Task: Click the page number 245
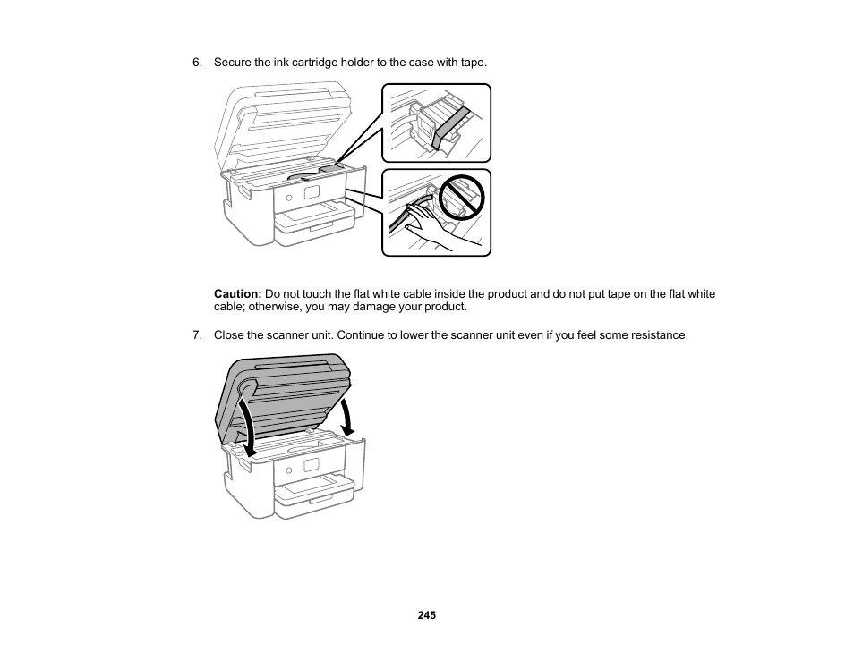click(x=426, y=616)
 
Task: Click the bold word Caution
click(x=237, y=294)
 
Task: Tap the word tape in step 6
click(x=473, y=63)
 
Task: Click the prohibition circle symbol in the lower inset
click(x=461, y=199)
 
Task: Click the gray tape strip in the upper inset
click(x=449, y=125)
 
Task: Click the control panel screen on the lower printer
click(x=312, y=465)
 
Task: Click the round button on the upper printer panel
click(x=289, y=196)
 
